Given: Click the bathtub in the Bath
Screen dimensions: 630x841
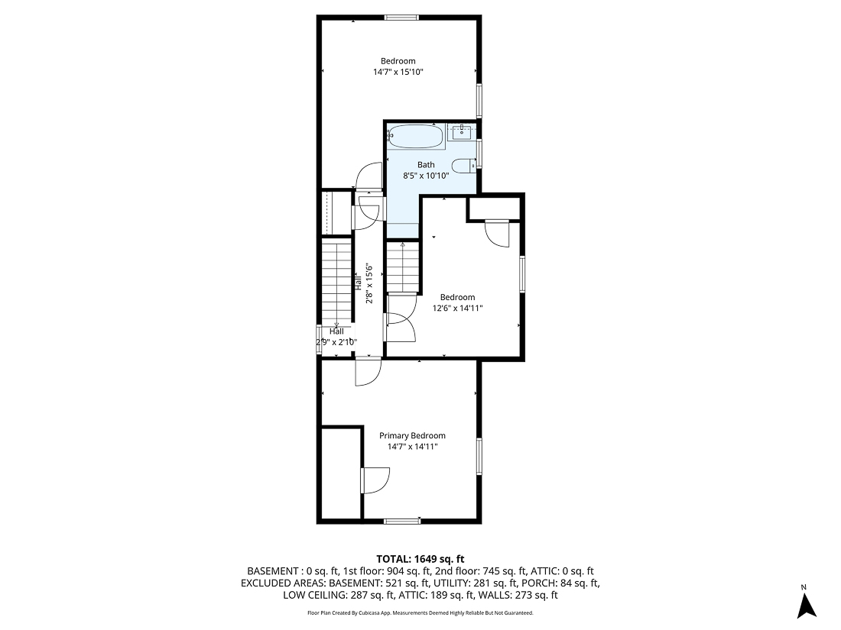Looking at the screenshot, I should [x=415, y=137].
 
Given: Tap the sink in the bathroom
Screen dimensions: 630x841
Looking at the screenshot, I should [x=461, y=132].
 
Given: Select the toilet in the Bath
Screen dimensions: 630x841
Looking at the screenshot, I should [x=463, y=166].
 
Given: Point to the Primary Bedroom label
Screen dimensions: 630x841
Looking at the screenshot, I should [x=413, y=436].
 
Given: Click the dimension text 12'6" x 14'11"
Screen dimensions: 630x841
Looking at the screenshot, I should [x=457, y=309].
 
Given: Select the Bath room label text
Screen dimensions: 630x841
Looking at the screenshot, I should [x=426, y=165].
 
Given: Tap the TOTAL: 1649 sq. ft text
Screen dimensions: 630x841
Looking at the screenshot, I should [x=420, y=558].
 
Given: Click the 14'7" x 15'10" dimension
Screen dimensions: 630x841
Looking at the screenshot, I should [x=398, y=72].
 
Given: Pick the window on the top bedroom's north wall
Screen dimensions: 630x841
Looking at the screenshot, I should [x=401, y=18].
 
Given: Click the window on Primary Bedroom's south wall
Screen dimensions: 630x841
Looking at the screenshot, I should [x=402, y=521].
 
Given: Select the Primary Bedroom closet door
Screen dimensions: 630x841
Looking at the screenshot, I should [x=374, y=480].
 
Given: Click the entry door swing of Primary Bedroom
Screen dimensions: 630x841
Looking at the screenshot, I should [x=368, y=371].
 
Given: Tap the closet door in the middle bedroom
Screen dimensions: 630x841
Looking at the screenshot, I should [x=498, y=233].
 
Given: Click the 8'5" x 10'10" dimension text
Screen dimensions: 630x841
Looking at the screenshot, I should [x=426, y=176].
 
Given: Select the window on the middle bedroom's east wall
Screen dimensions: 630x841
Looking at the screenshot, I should [x=523, y=273].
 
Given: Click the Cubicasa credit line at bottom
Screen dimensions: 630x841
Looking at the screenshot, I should [x=420, y=612].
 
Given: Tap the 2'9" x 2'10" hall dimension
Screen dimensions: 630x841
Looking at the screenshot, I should [x=336, y=343].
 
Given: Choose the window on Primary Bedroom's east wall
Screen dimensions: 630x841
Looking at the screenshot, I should [x=479, y=457].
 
